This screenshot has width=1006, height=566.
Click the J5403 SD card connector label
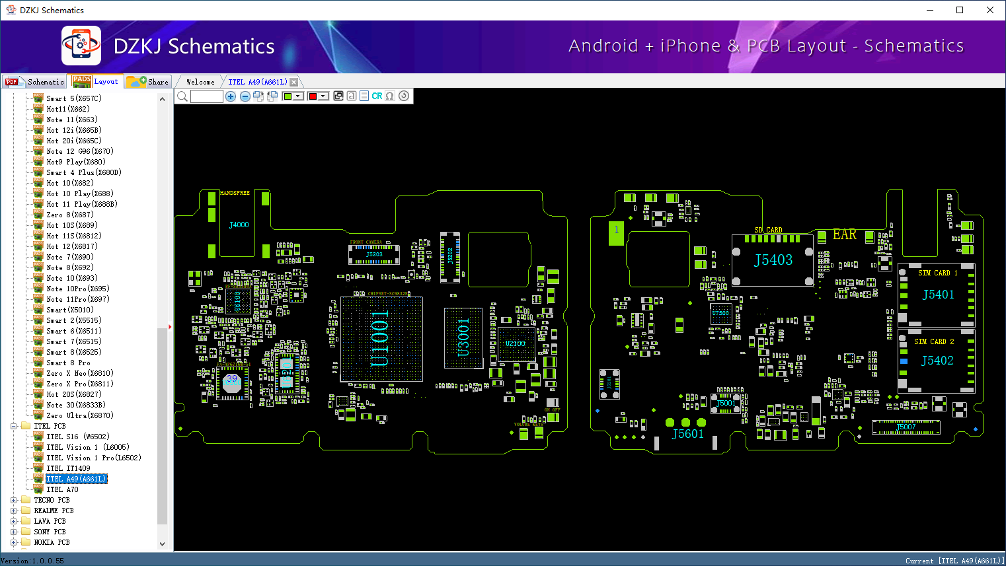(x=773, y=260)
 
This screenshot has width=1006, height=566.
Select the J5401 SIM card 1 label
(x=938, y=295)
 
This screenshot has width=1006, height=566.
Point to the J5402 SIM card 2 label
(x=937, y=361)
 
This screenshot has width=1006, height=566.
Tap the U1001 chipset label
(x=380, y=338)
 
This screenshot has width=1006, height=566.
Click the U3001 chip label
(x=463, y=337)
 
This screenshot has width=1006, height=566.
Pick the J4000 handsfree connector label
(x=239, y=225)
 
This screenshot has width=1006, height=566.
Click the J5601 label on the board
(x=687, y=434)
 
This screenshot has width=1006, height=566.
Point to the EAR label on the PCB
(x=844, y=234)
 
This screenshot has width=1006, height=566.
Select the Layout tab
(x=97, y=82)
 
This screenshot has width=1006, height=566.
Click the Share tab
(x=149, y=82)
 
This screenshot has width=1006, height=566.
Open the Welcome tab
(x=200, y=82)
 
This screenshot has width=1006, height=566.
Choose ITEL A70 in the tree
(x=62, y=489)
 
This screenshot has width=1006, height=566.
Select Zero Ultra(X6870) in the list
(x=79, y=415)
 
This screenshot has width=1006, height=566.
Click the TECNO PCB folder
(x=52, y=500)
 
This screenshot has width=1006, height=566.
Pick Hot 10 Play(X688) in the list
(x=79, y=194)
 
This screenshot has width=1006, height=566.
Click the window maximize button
(x=960, y=10)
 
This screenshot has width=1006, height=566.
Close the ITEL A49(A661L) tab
(x=294, y=82)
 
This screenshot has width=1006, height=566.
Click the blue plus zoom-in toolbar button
(x=231, y=96)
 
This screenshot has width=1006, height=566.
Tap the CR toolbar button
(x=377, y=96)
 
